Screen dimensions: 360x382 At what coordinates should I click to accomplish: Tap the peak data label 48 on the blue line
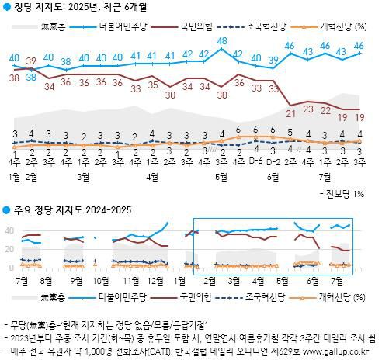pyautogui.click(x=222, y=40)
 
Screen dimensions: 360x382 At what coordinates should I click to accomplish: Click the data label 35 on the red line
pyautogui.click(x=153, y=85)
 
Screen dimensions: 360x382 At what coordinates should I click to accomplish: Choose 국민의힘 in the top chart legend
pyautogui.click(x=197, y=26)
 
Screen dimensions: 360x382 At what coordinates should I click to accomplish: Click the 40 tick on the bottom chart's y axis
pyautogui.click(x=9, y=230)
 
